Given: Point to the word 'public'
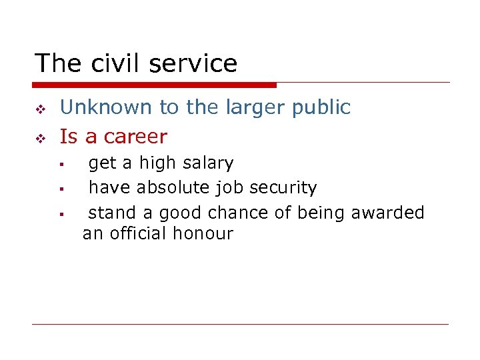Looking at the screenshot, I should [321, 107].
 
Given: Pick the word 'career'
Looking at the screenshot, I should [135, 137].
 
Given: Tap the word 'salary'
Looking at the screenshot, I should [207, 163].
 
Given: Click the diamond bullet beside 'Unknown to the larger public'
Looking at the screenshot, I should [39, 109].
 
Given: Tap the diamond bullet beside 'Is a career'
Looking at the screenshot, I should [39, 138].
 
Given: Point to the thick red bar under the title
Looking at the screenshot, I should [154, 85].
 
